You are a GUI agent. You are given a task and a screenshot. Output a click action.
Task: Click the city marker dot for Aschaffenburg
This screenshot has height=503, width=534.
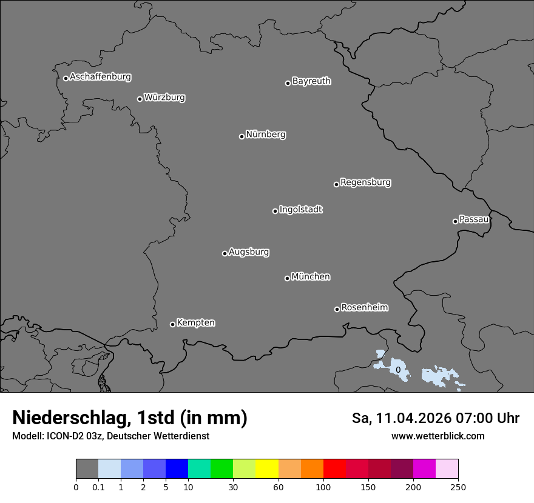coord(66,78)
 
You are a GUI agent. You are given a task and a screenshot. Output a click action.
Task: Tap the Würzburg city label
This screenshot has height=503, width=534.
coord(164,98)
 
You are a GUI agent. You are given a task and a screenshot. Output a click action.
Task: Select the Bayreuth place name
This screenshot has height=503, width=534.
coord(311,81)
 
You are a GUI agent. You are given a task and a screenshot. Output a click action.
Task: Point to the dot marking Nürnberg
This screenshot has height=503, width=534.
coord(242,136)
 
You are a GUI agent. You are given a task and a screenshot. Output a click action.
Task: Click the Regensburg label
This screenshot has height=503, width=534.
coord(365,182)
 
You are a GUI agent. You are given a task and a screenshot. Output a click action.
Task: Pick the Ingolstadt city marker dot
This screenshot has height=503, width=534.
coord(275,211)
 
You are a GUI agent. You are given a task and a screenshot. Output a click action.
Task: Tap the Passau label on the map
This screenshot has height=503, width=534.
coord(474,219)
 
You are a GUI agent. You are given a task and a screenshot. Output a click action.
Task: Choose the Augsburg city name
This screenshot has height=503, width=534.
coord(249,252)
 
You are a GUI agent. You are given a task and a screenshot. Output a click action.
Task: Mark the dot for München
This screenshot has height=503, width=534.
coord(287,278)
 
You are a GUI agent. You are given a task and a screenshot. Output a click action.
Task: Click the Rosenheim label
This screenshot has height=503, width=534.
coord(364,308)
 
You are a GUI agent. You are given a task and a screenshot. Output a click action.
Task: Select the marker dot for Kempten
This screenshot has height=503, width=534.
coord(172,324)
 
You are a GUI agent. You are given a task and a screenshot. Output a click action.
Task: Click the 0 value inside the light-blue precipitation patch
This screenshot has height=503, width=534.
coord(397,370)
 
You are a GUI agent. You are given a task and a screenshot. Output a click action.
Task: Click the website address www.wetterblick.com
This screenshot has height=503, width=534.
coord(438,436)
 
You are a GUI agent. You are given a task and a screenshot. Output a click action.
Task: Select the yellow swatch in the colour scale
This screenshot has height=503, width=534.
coord(267,469)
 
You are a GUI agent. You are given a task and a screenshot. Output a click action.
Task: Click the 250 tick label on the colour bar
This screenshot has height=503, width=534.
coord(458,487)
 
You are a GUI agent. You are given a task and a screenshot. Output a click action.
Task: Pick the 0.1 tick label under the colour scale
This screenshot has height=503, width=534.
coord(98,487)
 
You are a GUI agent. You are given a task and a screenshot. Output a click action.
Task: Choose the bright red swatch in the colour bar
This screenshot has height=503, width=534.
coord(334,469)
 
